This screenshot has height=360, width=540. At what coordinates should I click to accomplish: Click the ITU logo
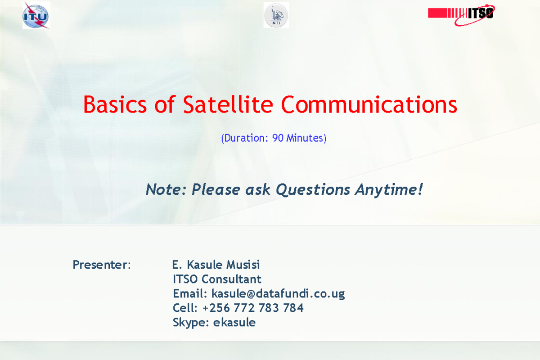click(36, 16)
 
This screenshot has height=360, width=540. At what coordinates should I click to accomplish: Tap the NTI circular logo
click(276, 15)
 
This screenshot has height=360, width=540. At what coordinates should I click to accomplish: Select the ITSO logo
click(461, 13)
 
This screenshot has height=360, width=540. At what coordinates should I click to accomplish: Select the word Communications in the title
click(369, 105)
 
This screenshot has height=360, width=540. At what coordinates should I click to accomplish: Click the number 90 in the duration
click(278, 138)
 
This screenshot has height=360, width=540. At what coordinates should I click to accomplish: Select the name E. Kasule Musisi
click(216, 265)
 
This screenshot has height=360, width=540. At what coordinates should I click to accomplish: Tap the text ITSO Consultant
click(217, 279)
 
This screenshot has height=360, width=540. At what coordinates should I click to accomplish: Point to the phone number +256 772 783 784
click(253, 308)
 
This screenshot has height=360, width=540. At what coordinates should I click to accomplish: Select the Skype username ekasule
click(234, 323)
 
